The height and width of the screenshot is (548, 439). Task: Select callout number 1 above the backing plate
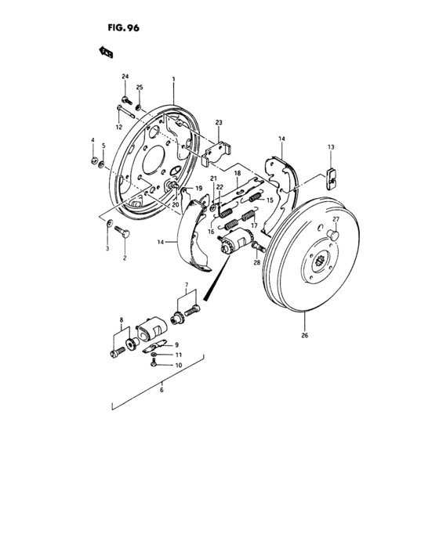click(174, 79)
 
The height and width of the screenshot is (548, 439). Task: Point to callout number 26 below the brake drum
click(305, 337)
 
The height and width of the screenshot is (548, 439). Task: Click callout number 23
click(219, 123)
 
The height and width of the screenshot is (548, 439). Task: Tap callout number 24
click(125, 75)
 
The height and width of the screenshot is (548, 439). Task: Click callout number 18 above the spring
click(237, 173)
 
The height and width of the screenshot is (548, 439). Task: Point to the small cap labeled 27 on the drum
click(334, 233)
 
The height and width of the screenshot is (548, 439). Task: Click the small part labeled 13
click(331, 179)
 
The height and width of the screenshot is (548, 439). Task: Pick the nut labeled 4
click(93, 162)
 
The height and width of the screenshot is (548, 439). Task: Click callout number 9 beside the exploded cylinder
click(177, 345)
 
